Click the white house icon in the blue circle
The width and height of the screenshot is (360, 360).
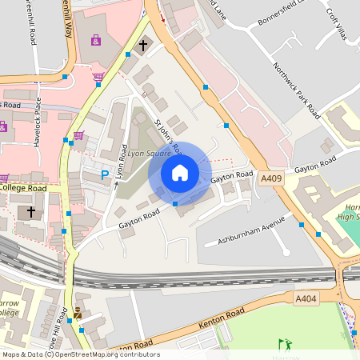180,173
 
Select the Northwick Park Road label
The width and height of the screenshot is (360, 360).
296,89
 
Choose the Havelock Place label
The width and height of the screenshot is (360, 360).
38,120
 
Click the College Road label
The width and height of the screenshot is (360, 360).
24,187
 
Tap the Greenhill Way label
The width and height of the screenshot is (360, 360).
71,20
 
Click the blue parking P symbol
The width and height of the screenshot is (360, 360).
104,174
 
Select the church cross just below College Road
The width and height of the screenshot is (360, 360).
31,212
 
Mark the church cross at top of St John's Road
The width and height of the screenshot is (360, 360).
143,46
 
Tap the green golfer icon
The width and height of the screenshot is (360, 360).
285,344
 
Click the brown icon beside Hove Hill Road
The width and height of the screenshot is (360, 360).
78,313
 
